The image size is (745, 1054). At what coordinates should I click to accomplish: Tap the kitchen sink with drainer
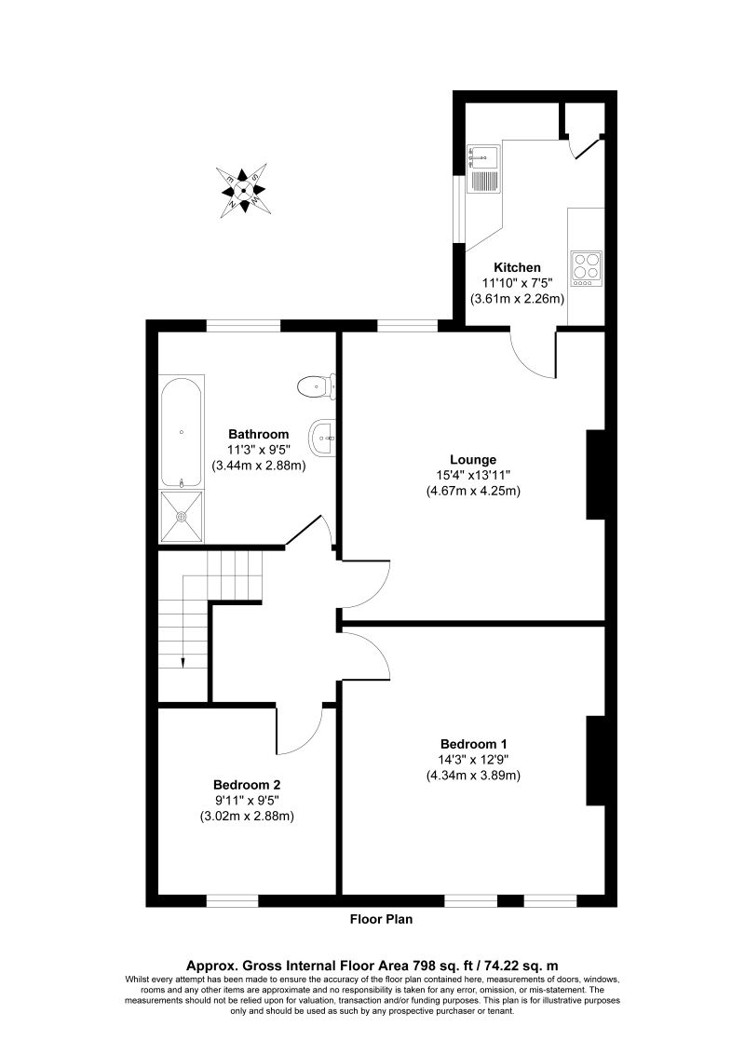[x=485, y=168]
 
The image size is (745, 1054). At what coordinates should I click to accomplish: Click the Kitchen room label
[x=518, y=267]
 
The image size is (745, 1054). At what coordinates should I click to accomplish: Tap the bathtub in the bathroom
[x=181, y=431]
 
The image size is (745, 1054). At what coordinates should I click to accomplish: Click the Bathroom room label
[x=259, y=434]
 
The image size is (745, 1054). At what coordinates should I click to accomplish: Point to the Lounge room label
[x=473, y=459]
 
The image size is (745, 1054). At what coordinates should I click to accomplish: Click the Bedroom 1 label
[x=473, y=744]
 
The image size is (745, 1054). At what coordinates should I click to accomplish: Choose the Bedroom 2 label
[x=247, y=785]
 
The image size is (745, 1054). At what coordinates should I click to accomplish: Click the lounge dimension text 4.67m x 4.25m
[x=473, y=491]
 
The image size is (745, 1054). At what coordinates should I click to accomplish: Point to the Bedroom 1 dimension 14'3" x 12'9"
[x=473, y=760]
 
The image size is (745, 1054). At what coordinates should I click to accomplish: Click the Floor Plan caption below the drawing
[x=381, y=919]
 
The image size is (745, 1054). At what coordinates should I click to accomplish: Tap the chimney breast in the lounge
[x=595, y=474]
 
